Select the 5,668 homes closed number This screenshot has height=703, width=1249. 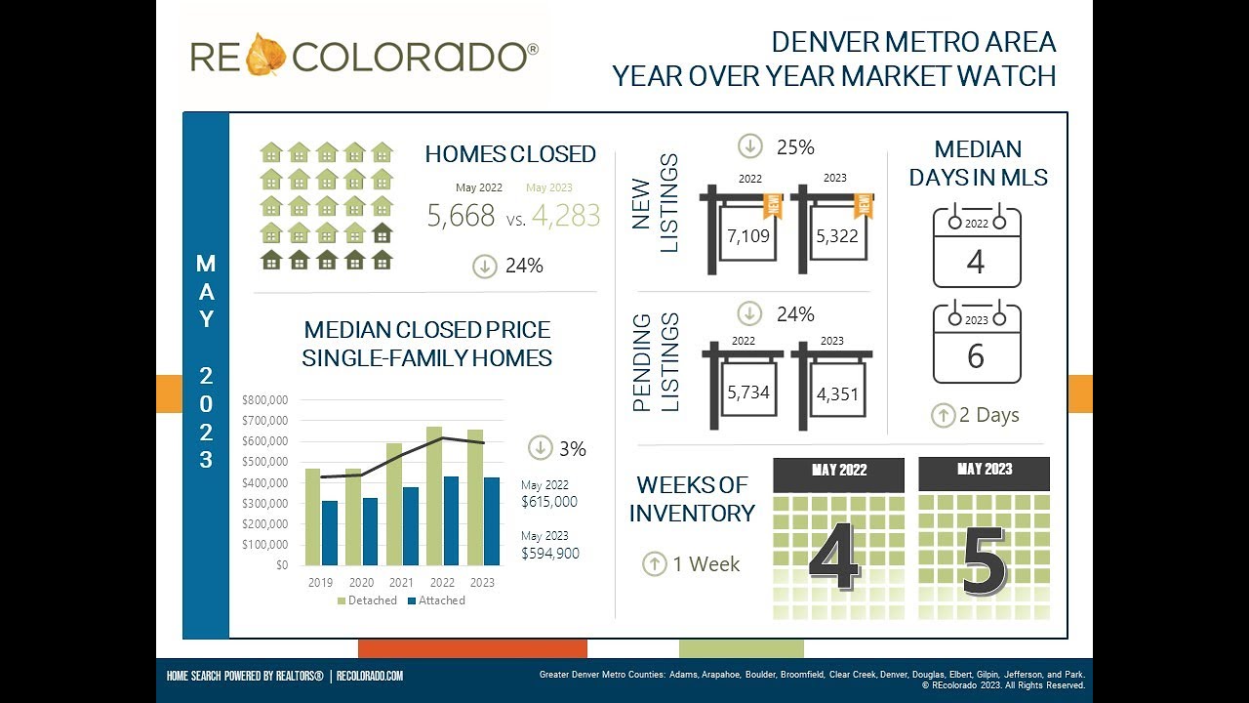462,216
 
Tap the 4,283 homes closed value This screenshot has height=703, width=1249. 565,216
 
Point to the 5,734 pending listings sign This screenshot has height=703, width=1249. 748,393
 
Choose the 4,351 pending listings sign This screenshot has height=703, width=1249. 837,394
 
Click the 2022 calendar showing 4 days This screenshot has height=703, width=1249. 976,248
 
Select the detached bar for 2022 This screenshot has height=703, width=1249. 434,496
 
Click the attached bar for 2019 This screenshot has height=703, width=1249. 330,533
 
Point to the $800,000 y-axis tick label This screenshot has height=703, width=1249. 264,400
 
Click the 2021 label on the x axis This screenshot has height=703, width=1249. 401,583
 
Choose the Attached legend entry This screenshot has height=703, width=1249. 435,600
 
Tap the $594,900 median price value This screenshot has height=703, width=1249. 550,554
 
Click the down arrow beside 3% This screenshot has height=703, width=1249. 541,448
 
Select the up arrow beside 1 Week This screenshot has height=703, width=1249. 654,563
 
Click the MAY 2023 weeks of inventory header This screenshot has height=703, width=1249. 984,471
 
